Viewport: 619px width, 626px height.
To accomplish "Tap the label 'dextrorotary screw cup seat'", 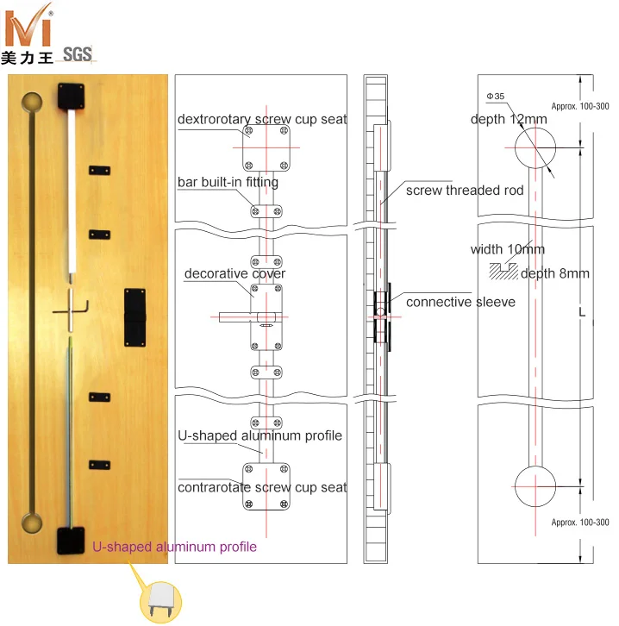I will [262, 119].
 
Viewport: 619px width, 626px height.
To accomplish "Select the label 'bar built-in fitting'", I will [228, 183].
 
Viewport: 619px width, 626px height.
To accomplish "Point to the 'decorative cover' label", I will [234, 274].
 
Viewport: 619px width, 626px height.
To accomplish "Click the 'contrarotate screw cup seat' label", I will [262, 487].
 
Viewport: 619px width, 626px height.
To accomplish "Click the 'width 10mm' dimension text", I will [508, 250].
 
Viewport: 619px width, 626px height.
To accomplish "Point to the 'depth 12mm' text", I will [509, 118].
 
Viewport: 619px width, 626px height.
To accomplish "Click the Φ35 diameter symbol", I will [495, 96].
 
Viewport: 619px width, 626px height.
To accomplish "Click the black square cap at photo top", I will [68, 96].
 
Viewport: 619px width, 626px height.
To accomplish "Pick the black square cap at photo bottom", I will [70, 540].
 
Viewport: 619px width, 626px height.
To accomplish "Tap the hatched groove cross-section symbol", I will [503, 269].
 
